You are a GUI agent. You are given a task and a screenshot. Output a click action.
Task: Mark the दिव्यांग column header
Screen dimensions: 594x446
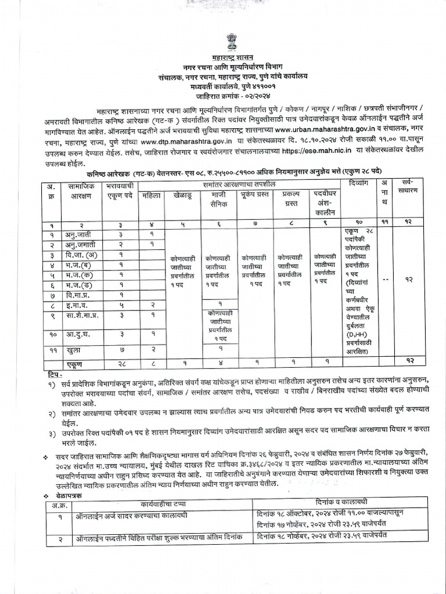[x=355, y=189]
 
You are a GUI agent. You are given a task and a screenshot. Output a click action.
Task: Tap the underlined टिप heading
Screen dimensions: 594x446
[x=56, y=375]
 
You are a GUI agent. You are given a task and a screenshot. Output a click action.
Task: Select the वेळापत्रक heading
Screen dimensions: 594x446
[x=65, y=497]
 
